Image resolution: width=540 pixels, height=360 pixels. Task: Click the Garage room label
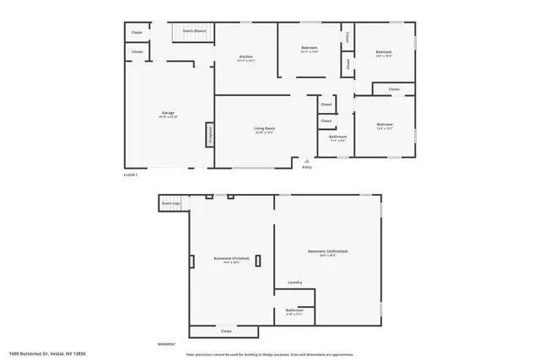(169, 112)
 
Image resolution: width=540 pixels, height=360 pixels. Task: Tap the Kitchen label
(246, 56)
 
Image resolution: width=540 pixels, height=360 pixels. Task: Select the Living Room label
(265, 129)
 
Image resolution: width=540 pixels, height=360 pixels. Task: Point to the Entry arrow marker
(307, 159)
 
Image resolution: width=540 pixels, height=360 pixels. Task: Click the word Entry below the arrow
(307, 167)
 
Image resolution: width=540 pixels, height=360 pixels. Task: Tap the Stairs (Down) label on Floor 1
(195, 31)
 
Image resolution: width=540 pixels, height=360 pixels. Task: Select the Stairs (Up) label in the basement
(172, 203)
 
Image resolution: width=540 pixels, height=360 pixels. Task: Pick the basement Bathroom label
(294, 309)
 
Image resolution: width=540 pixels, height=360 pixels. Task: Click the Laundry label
(294, 282)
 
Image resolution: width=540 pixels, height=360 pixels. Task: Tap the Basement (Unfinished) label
(328, 251)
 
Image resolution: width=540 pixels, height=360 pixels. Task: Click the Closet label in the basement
(226, 331)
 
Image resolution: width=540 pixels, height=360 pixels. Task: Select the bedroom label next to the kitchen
(309, 48)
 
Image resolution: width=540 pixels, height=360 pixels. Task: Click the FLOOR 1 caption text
(130, 175)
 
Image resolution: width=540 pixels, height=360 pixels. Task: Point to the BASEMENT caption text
(166, 344)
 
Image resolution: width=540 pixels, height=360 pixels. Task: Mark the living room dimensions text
(265, 133)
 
